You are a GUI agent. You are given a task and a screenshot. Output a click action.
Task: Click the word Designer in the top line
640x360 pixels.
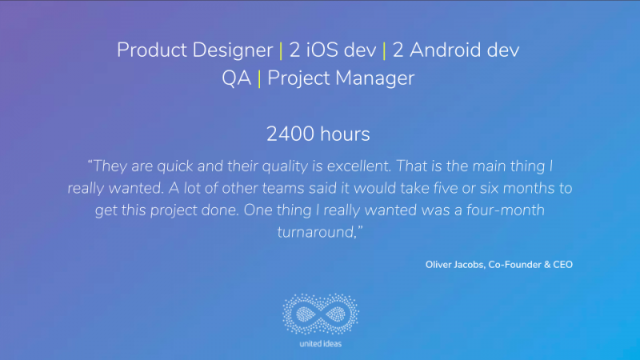click(233, 50)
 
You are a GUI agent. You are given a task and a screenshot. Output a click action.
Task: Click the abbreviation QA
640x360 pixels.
click(236, 78)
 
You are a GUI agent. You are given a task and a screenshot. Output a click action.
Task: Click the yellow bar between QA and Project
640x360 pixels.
click(259, 78)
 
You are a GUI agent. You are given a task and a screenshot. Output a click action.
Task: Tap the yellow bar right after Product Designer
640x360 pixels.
click(281, 51)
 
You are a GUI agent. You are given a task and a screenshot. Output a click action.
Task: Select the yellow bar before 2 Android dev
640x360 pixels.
click(384, 51)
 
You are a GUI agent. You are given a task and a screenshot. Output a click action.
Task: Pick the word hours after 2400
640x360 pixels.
click(346, 134)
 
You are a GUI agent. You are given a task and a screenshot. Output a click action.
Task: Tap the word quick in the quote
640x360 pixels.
click(175, 166)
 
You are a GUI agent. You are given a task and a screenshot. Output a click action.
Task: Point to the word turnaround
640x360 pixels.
click(318, 232)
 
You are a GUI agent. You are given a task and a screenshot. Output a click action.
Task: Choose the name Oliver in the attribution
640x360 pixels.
click(438, 265)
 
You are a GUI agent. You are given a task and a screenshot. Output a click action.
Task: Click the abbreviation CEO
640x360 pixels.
click(563, 265)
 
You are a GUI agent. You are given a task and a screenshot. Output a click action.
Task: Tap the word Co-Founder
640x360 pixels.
click(514, 265)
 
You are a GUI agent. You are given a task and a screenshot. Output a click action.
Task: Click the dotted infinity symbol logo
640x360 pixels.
click(321, 314)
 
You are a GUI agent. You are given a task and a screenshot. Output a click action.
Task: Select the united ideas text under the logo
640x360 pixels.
click(321, 344)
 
